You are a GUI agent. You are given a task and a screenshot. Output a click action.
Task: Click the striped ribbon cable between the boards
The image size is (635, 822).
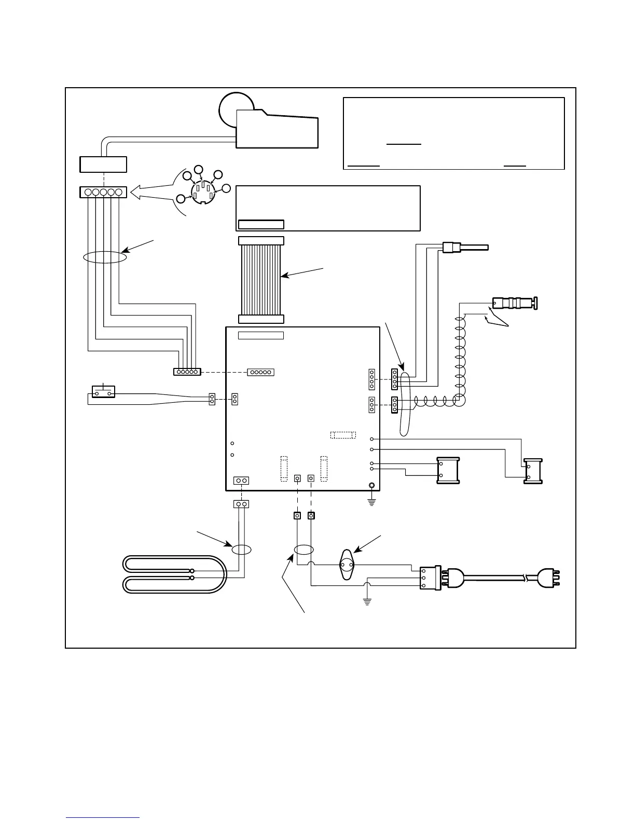point(261,280)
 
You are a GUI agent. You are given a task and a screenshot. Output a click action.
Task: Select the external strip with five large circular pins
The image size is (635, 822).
point(104,193)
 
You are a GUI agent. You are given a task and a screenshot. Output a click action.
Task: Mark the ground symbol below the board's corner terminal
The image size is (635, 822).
point(371,501)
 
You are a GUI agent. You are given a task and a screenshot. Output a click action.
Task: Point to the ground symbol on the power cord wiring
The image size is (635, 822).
point(367,602)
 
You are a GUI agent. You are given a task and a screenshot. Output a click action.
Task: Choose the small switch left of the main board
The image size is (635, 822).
point(103,392)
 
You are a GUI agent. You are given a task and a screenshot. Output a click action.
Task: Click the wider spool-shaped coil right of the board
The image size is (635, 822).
point(448,471)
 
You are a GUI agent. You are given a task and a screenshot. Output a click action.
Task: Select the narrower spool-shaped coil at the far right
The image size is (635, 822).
point(533,471)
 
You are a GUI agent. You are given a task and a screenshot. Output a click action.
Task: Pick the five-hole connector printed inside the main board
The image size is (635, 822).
point(260,372)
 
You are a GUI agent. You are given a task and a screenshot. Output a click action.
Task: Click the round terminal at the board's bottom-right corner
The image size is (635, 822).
point(372,486)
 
